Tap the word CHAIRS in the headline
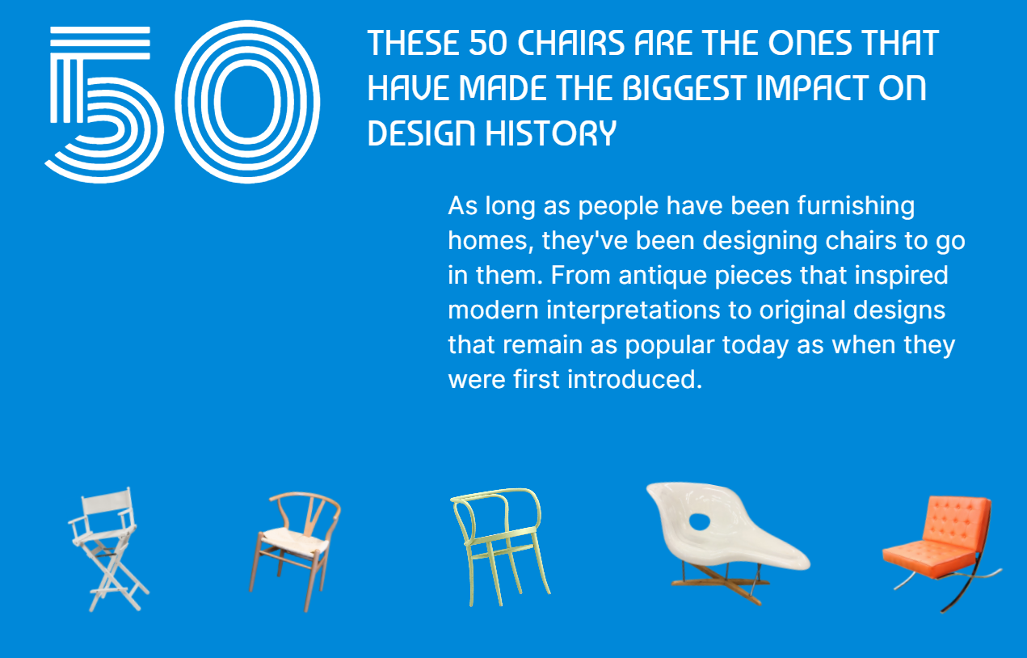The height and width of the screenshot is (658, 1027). tap(570, 43)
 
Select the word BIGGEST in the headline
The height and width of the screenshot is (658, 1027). tap(685, 88)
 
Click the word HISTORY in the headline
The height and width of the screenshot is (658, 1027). tap(551, 133)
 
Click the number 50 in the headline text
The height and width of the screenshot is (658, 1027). tap(488, 43)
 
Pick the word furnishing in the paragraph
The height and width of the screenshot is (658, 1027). tap(856, 206)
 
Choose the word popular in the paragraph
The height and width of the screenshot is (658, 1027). tap(670, 346)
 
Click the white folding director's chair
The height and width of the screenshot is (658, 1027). tap(107, 550)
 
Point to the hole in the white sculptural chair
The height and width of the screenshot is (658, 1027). tap(700, 522)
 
